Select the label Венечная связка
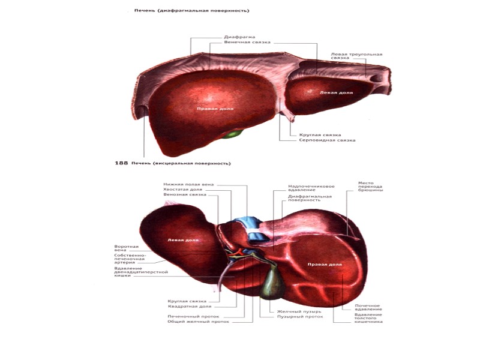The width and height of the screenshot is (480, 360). click(247, 43)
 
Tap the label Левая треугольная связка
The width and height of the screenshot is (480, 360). click(356, 57)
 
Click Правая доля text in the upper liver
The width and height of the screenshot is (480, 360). click(214, 109)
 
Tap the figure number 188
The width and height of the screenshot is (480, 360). click(121, 163)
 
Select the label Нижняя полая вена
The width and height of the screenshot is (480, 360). click(188, 184)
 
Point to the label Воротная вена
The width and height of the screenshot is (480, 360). click(126, 248)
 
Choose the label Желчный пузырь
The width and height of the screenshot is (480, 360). click(299, 311)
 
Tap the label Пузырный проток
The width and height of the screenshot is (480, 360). click(300, 317)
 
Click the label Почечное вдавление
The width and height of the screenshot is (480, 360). click(368, 307)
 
